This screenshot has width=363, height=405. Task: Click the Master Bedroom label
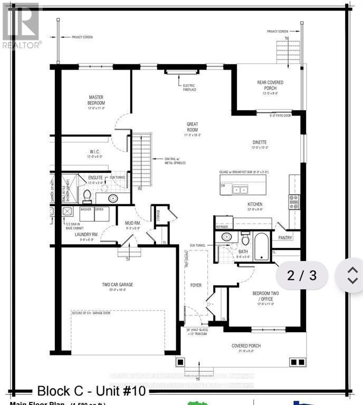coord(97,100)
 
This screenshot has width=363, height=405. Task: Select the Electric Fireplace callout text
coord(189,88)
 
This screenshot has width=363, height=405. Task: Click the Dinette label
coord(259,142)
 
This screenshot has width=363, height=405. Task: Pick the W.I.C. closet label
coord(94,152)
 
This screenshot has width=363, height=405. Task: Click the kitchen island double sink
coord(241,190)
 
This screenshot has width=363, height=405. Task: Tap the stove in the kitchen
coord(293,202)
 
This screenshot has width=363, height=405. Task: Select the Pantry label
coord(285,238)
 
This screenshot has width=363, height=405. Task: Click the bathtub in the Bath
coord(262,248)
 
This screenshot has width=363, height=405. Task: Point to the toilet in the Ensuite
coord(87,196)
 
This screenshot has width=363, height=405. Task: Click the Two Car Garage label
coord(117,285)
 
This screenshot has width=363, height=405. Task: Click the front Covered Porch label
coord(246,346)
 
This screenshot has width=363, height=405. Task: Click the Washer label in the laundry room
coord(86,209)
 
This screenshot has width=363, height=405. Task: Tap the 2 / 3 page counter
coord(302,275)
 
